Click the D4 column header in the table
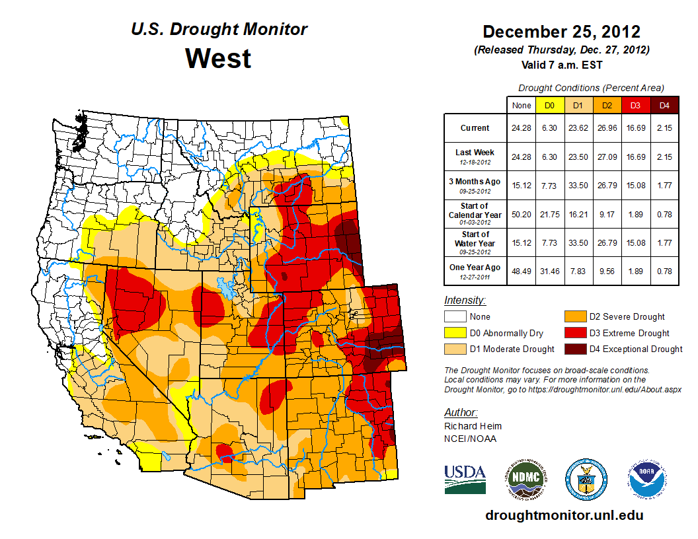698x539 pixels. (664, 105)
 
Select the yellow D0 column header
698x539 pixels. (549, 105)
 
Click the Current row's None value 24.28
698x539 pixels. (522, 128)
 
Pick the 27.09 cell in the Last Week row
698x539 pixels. (607, 157)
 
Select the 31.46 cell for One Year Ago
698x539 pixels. (549, 271)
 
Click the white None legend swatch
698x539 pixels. (454, 316)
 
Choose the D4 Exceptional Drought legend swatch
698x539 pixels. (573, 349)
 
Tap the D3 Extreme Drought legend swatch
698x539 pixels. (573, 333)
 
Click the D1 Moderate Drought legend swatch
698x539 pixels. (454, 349)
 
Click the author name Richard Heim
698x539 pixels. (473, 426)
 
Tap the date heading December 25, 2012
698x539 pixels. (561, 32)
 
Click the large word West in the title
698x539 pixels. (218, 58)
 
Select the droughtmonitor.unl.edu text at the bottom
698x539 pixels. (564, 515)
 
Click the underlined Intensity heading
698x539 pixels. (465, 301)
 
